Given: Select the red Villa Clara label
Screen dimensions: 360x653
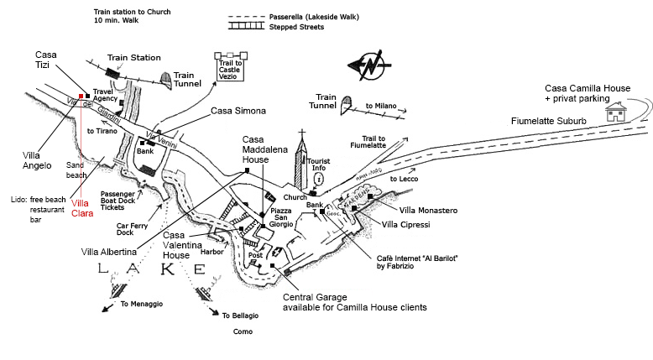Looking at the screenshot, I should tap(81, 207).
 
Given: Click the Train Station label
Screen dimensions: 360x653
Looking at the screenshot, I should tap(133, 57).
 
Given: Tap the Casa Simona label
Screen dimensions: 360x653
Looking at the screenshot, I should tap(238, 111).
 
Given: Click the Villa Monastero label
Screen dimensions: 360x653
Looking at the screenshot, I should tap(428, 209).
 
